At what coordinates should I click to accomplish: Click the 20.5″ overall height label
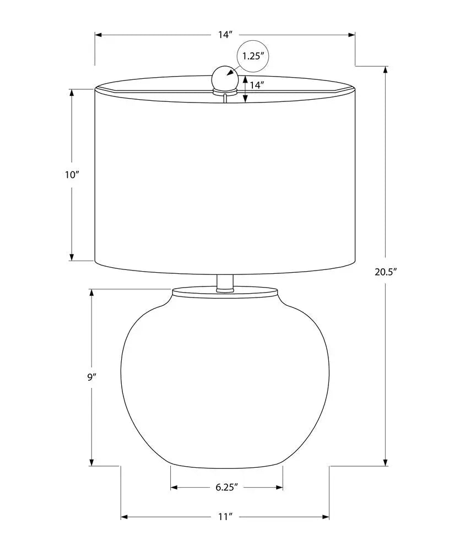coord(386,272)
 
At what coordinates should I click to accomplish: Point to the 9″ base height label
coord(91,377)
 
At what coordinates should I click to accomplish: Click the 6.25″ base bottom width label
coord(226,487)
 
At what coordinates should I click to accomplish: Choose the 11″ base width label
coord(225,517)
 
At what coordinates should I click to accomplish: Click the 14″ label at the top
coord(225,35)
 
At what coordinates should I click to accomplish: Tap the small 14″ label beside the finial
coord(257,85)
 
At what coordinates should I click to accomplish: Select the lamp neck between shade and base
coord(225,283)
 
